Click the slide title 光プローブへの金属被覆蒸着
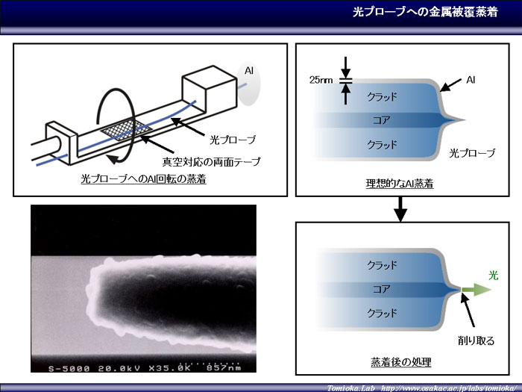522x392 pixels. tap(425, 13)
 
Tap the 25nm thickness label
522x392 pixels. tap(321, 80)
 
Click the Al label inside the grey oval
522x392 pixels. tap(249, 71)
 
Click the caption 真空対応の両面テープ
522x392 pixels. tap(211, 162)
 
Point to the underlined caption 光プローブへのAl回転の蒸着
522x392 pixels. tap(144, 179)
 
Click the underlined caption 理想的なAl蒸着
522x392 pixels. tap(400, 184)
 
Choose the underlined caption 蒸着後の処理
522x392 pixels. tap(401, 361)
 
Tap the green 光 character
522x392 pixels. tap(494, 276)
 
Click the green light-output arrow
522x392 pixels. tap(477, 290)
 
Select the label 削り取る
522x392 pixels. tap(476, 340)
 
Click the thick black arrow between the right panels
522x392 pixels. tap(400, 209)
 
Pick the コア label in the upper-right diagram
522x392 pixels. tap(382, 120)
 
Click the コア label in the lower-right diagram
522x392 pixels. tap(382, 289)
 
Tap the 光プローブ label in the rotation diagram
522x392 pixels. tap(233, 140)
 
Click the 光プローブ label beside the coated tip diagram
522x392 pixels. tap(472, 153)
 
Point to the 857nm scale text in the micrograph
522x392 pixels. tap(224, 368)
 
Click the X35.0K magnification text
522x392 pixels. tap(169, 368)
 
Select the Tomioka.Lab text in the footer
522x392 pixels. tap(350, 388)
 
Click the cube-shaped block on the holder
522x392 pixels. tap(210, 88)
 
